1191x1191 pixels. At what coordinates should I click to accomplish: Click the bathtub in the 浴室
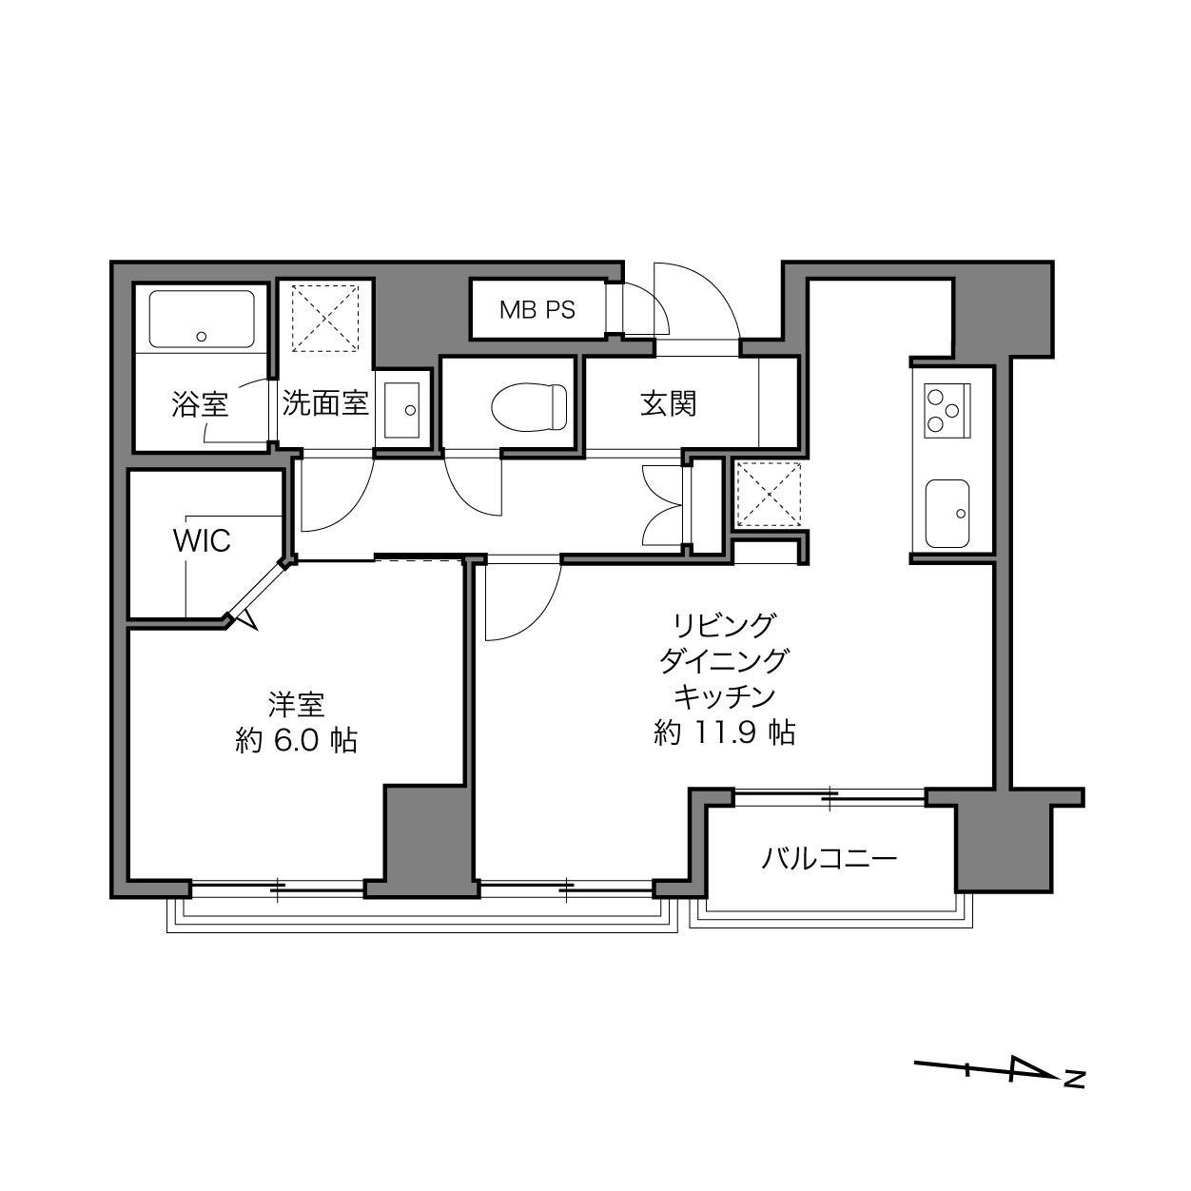pos(202,319)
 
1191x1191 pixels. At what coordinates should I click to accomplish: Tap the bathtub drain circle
pos(201,337)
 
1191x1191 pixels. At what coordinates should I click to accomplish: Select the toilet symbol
pos(529,407)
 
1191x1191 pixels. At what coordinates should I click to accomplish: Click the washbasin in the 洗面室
pos(401,410)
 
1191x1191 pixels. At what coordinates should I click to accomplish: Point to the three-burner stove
pos(947,411)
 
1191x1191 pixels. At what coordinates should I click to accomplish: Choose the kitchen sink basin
pos(947,514)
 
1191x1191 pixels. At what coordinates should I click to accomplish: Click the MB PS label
pos(537,310)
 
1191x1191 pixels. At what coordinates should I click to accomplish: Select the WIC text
pos(202,541)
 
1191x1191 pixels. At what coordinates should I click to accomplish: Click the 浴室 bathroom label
pos(201,404)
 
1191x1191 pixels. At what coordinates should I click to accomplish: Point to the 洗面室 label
pos(325,403)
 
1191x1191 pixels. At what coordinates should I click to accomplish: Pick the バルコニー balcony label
pos(829,858)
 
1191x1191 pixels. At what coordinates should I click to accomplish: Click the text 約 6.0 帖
pos(297,740)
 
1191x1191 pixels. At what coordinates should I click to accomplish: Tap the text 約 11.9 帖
pos(724,732)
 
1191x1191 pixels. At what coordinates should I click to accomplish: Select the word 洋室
pos(297,705)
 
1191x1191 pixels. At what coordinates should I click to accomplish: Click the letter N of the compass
pos(1075,1095)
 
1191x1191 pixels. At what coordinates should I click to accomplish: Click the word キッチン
pos(724,696)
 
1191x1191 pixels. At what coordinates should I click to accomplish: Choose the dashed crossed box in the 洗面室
pos(325,319)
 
